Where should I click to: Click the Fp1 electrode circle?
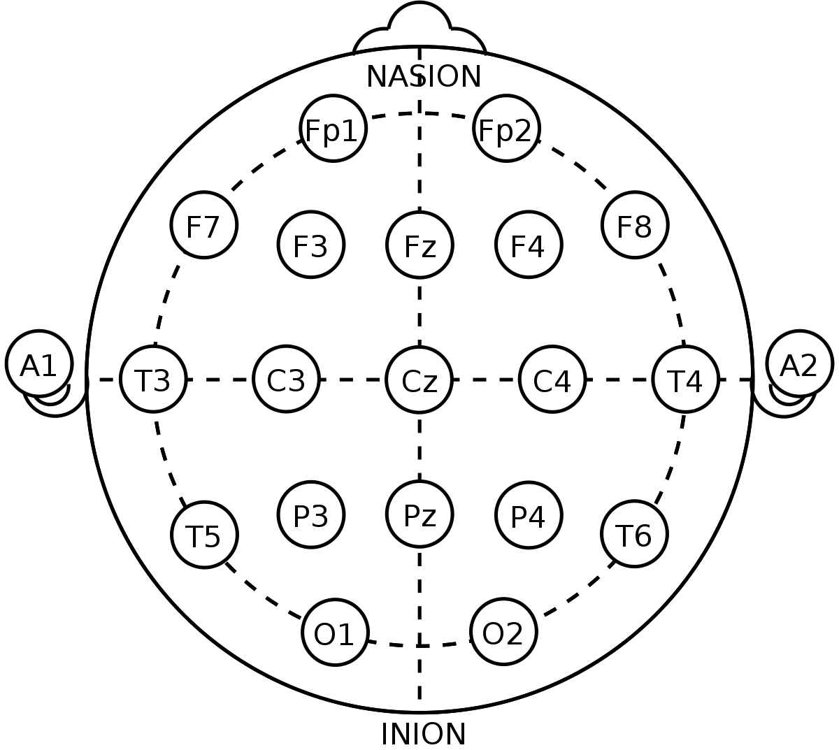(333, 129)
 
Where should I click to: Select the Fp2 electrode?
(506, 129)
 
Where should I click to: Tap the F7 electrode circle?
(203, 225)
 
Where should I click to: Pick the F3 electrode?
(310, 245)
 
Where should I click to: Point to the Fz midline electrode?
(419, 245)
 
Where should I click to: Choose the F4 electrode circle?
(529, 245)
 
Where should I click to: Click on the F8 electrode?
(635, 225)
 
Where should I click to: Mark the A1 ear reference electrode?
(39, 363)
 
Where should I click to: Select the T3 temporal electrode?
(153, 379)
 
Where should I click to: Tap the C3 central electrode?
(286, 379)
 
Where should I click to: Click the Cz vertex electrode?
(419, 380)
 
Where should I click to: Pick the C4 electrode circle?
(552, 379)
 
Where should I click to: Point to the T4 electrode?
(685, 379)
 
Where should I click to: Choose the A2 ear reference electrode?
(799, 363)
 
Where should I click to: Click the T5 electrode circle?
(204, 535)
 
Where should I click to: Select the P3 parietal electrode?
(310, 515)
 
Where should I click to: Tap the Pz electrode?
(419, 514)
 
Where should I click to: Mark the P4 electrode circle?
(529, 515)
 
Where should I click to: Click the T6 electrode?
(634, 534)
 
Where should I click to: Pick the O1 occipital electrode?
(335, 633)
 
